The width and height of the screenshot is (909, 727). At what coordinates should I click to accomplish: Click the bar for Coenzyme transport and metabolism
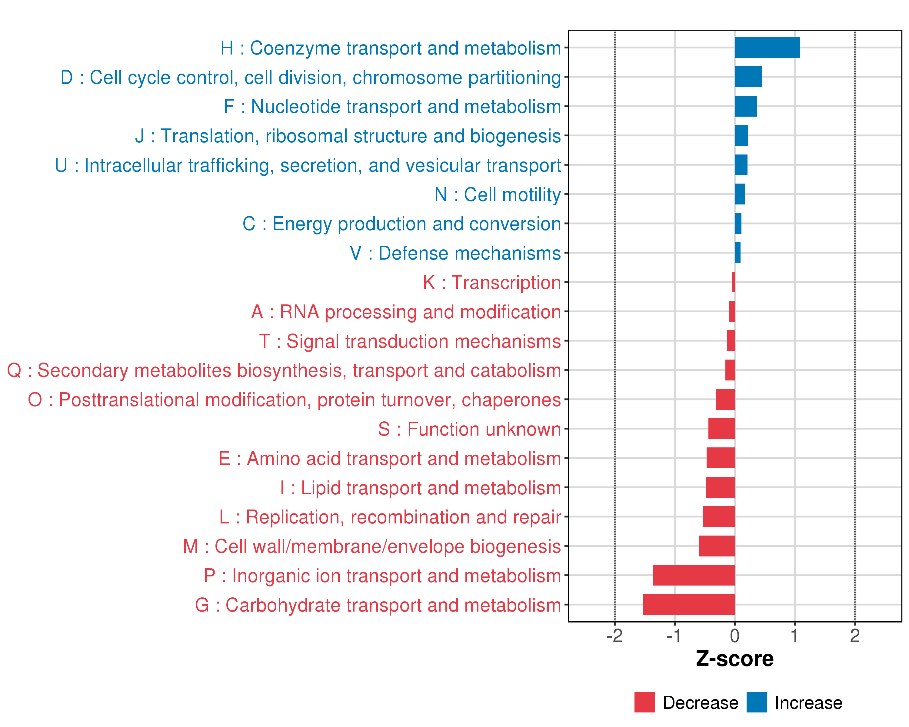pyautogui.click(x=767, y=47)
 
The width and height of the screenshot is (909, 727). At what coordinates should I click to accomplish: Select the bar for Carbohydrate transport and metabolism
pyautogui.click(x=689, y=604)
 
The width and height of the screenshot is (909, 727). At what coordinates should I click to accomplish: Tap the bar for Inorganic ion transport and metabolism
pyautogui.click(x=694, y=575)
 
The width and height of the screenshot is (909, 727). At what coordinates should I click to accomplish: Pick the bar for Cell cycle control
pyautogui.click(x=748, y=77)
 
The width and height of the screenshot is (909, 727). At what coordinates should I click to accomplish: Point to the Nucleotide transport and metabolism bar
pyautogui.click(x=745, y=106)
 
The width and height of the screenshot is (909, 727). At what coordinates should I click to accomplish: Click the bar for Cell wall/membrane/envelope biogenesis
pyautogui.click(x=717, y=546)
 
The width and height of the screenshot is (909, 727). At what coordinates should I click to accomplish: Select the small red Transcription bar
pyautogui.click(x=734, y=282)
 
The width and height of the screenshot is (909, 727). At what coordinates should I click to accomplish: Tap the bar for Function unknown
pyautogui.click(x=721, y=429)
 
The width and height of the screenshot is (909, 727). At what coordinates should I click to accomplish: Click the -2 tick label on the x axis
pyautogui.click(x=614, y=636)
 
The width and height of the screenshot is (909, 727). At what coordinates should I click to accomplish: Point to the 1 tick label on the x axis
pyautogui.click(x=795, y=636)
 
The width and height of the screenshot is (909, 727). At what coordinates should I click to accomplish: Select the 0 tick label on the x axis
pyautogui.click(x=734, y=636)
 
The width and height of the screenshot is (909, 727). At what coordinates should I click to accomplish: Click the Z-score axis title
pyautogui.click(x=734, y=659)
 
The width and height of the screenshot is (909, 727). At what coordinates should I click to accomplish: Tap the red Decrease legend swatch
pyautogui.click(x=644, y=702)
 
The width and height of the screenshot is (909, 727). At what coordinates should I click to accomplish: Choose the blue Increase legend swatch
pyautogui.click(x=756, y=702)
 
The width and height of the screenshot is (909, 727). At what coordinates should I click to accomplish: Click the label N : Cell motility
pyautogui.click(x=498, y=195)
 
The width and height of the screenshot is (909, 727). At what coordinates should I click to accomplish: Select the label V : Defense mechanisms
pyautogui.click(x=455, y=253)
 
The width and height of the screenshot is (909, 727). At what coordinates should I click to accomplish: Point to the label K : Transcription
pyautogui.click(x=491, y=282)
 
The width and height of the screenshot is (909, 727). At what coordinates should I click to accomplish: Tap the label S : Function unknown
pyautogui.click(x=469, y=429)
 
